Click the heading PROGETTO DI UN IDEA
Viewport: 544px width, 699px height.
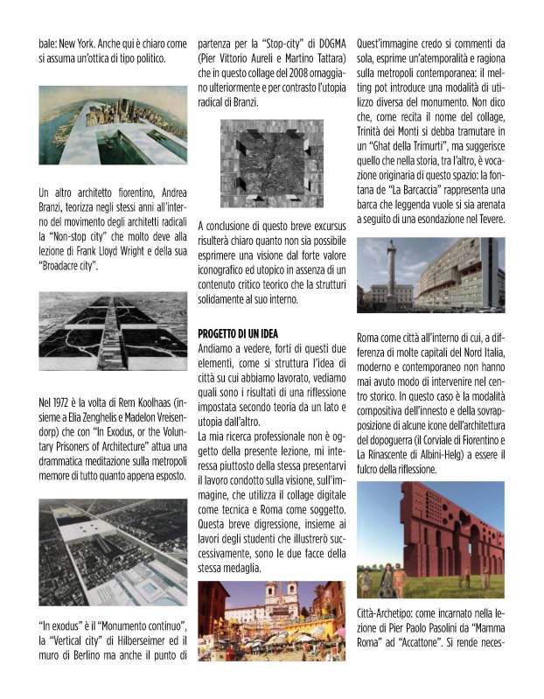239,333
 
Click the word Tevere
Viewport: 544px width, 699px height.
485,217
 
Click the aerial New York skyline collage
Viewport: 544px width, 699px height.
113,126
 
